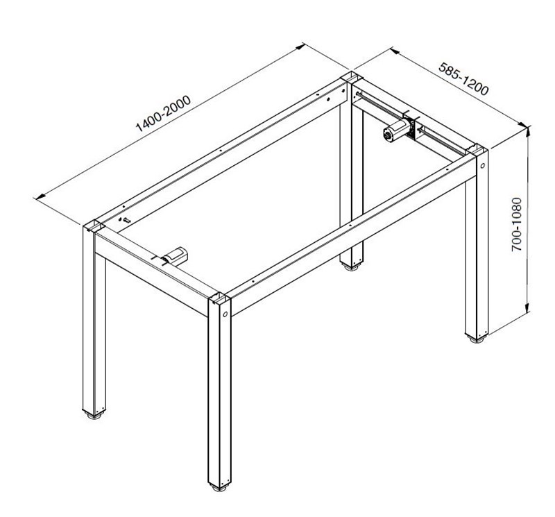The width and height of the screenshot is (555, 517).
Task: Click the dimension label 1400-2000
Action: point(164,114)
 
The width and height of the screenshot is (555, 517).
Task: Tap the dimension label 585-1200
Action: point(463,78)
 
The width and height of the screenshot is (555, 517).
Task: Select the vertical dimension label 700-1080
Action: point(517,225)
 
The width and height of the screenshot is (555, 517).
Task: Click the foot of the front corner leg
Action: point(219,488)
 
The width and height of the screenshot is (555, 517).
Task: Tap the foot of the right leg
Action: point(477,339)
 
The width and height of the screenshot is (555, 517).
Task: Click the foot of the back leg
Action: point(351,268)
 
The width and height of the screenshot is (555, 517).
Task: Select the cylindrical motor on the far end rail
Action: point(397,131)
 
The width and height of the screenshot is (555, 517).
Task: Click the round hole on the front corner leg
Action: point(225,314)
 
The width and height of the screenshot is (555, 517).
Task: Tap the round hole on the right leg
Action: point(482,165)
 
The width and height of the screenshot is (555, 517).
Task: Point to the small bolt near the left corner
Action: point(126,220)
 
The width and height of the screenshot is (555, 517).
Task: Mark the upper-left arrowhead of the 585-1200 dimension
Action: point(394,51)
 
